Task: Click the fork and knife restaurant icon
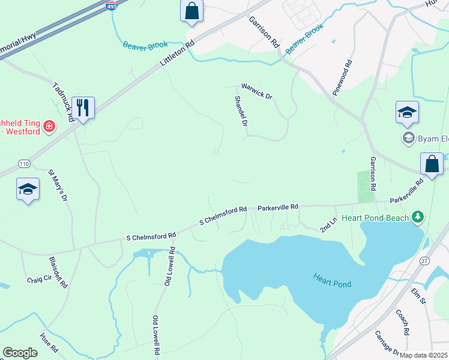coord(83,108)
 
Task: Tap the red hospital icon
coord(49,127)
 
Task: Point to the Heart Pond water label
coord(331,280)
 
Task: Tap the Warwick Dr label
coord(257,91)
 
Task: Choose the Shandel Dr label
coord(241,111)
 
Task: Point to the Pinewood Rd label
coord(342,77)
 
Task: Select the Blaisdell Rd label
coord(58,273)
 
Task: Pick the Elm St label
coord(418,296)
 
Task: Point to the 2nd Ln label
coord(327,226)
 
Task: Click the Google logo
coord(20,353)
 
